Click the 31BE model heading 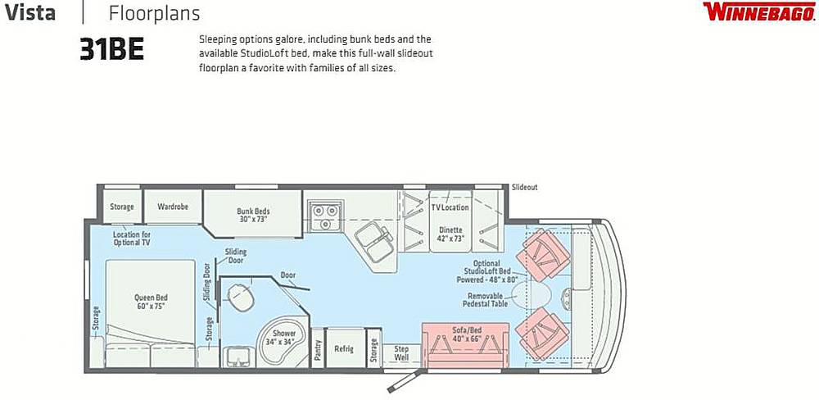point(111,50)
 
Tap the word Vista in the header point(29,12)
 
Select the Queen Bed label point(152,301)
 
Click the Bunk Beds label point(253,215)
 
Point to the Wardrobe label point(172,206)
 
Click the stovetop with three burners point(324,216)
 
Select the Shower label point(285,337)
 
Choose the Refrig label point(344,348)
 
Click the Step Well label point(400,353)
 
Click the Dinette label point(450,234)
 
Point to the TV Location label point(450,207)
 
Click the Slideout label point(524,187)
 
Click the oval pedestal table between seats point(532,294)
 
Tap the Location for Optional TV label point(132,239)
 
